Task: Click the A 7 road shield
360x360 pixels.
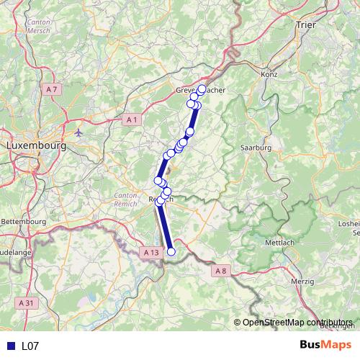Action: [50, 89]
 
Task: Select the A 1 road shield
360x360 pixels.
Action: [130, 120]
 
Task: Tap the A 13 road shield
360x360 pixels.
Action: [150, 253]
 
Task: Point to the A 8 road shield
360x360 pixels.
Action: [220, 270]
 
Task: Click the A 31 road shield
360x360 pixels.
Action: [27, 303]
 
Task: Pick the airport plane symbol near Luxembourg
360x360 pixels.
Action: [78, 132]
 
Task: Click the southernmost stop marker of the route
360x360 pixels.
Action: [171, 251]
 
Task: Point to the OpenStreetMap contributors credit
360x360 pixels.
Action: [297, 322]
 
